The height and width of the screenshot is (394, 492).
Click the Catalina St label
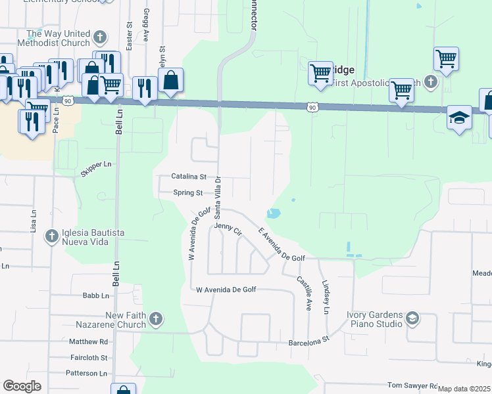point(189,177)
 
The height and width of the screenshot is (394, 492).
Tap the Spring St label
point(187,193)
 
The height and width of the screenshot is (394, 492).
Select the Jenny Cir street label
point(228,230)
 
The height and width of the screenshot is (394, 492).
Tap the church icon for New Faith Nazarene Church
point(156,319)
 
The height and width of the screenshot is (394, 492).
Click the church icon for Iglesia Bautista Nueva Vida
point(51,235)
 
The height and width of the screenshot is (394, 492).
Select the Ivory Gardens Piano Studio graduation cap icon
point(412,319)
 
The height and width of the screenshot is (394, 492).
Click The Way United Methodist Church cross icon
point(99,37)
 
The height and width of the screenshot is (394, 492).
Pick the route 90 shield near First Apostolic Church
point(312,106)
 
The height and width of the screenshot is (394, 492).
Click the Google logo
point(22,386)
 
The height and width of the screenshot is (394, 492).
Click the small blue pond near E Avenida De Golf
point(274,213)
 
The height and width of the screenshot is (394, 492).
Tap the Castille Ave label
point(303,293)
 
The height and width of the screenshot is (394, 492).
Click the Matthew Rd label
point(88,342)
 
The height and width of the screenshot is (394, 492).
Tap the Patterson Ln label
point(86,373)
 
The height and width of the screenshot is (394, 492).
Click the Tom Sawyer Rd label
point(412,385)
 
